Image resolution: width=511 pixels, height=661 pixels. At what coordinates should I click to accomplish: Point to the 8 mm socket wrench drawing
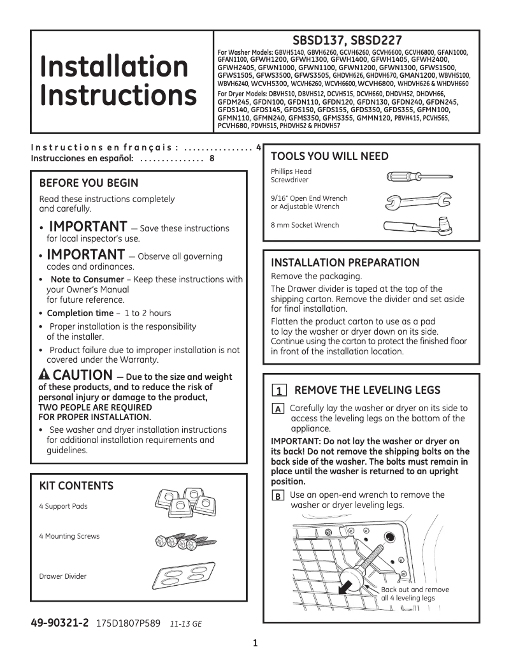418,225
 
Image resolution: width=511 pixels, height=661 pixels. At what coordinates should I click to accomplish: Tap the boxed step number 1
278,391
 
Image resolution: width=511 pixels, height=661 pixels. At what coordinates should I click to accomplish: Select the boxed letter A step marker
278,409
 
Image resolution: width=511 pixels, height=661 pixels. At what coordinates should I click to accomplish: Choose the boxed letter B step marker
278,496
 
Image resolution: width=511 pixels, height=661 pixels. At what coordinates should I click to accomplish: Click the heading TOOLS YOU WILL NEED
329,157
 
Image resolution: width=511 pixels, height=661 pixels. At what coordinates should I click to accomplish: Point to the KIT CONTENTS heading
76,486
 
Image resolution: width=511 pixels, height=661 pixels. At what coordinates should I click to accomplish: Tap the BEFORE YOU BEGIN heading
89,184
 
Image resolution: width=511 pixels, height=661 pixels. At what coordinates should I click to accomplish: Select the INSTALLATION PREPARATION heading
345,263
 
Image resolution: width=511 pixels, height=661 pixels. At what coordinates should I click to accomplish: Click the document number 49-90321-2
61,623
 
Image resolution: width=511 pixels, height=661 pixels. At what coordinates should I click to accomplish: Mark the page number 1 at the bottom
255,643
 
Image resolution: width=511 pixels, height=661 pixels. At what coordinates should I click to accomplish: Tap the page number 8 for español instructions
212,158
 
